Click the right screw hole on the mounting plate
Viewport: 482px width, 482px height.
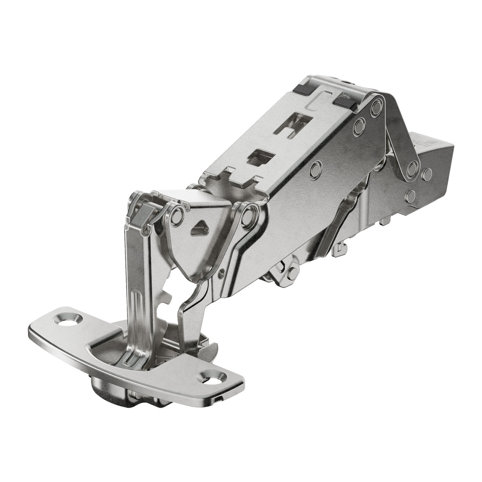tap(214, 377)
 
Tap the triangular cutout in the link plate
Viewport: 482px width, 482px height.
tap(200, 229)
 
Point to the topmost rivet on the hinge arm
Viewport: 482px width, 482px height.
tap(377, 107)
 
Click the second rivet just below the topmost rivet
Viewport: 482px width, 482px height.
tap(359, 127)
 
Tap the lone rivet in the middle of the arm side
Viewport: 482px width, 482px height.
tap(316, 170)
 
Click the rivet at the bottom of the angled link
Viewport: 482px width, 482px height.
tap(412, 169)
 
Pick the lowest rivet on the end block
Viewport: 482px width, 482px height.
tap(410, 196)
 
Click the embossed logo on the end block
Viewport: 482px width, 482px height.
tap(420, 140)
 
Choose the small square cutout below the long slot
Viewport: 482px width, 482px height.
tap(260, 158)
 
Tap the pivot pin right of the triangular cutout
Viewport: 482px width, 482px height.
tap(248, 217)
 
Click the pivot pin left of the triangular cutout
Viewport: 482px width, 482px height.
tap(177, 217)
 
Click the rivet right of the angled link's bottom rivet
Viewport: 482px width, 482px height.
tap(427, 175)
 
